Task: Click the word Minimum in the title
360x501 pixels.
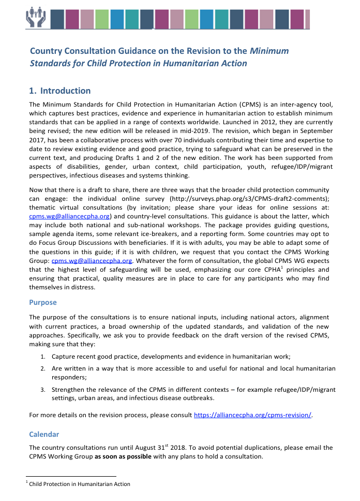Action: click(x=270, y=51)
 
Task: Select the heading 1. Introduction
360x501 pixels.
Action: click(x=60, y=91)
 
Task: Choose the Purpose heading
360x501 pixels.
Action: click(x=43, y=302)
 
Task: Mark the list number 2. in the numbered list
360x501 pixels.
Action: click(x=43, y=368)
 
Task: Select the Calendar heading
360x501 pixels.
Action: click(x=44, y=434)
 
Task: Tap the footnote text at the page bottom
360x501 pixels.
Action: click(x=79, y=484)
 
